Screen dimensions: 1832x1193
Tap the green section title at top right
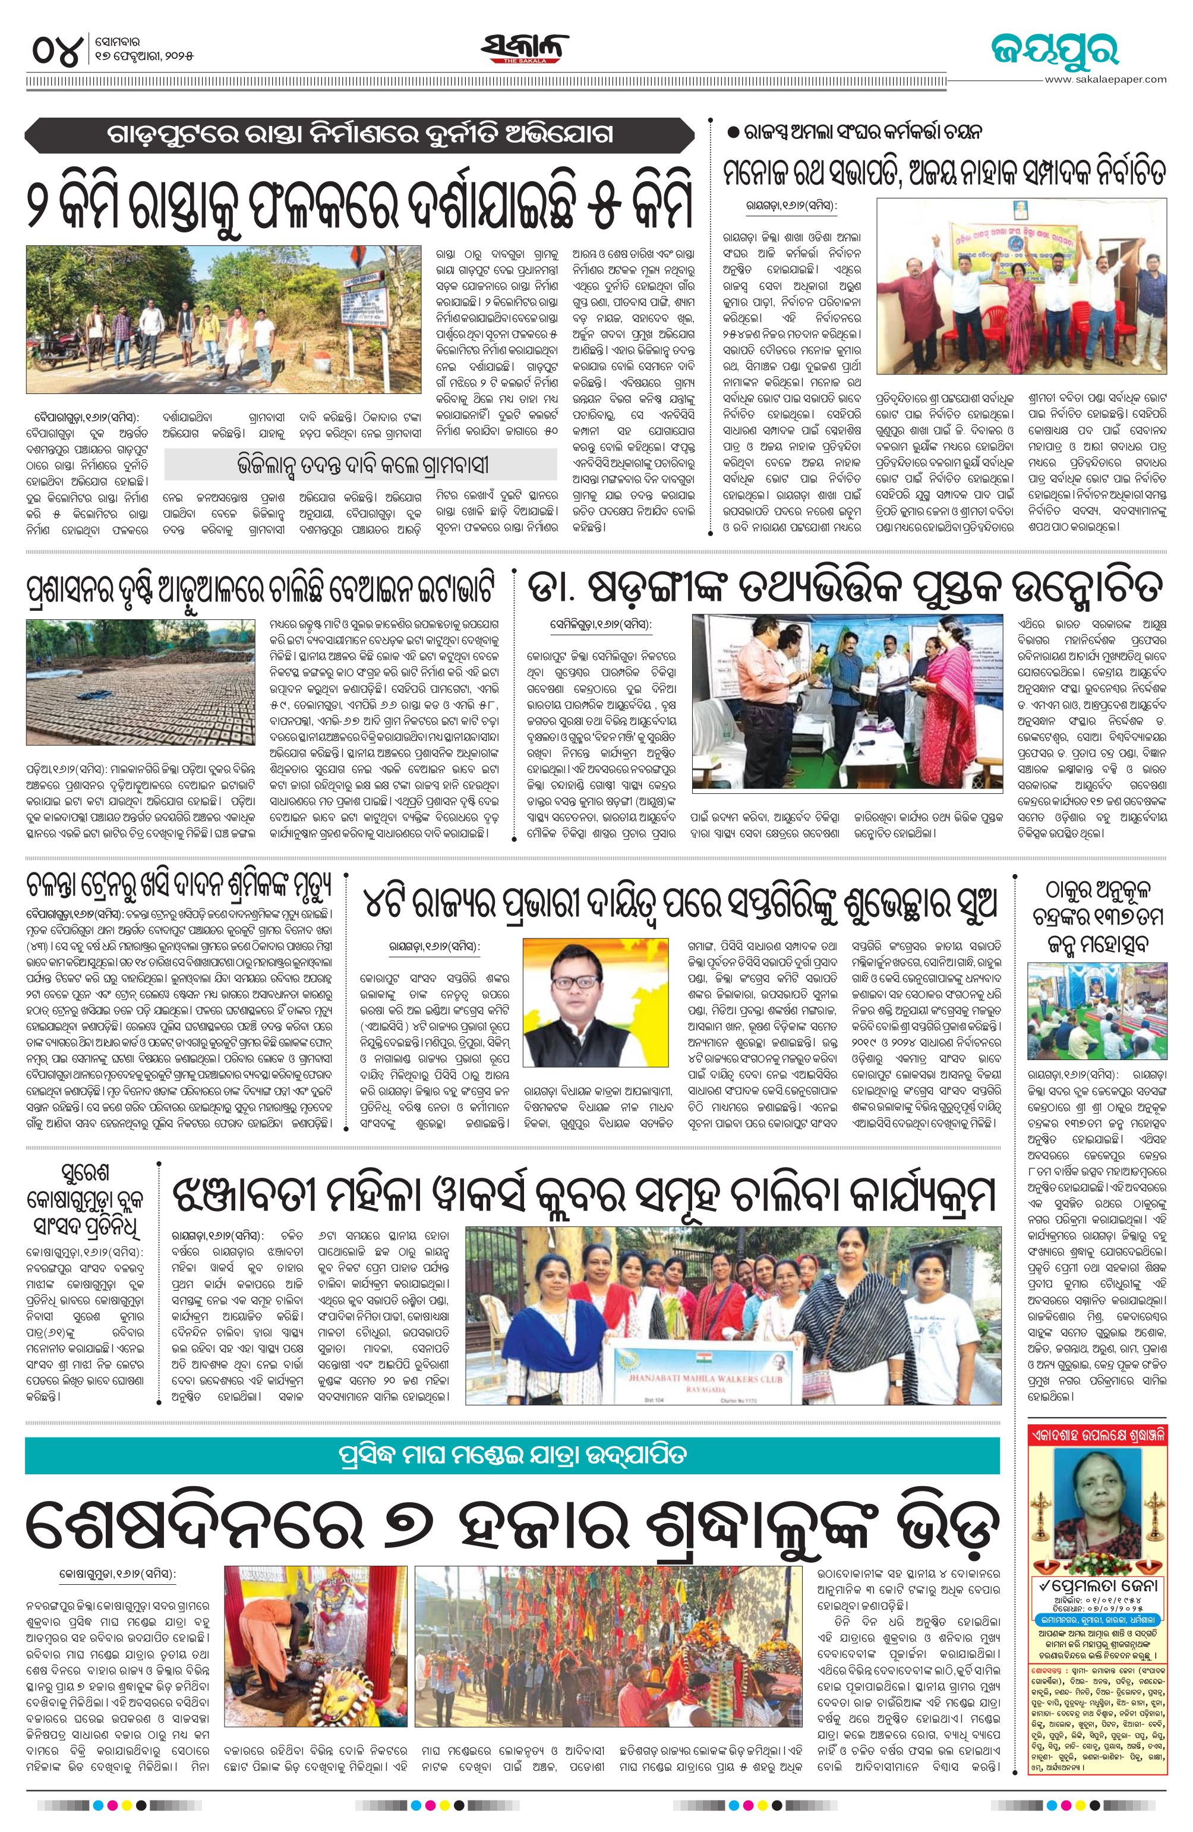coord(1055,51)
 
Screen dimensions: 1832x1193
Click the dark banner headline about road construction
coord(354,135)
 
